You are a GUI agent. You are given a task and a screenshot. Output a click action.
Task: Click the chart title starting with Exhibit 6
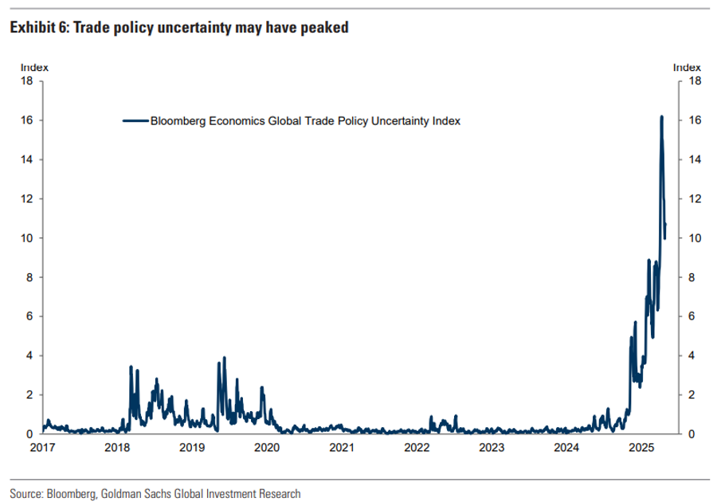click(x=178, y=28)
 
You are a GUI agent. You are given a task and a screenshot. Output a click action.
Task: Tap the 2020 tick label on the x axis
click(x=267, y=448)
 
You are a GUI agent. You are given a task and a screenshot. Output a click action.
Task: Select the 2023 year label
click(x=492, y=448)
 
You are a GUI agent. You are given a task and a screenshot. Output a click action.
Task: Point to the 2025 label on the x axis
click(x=641, y=448)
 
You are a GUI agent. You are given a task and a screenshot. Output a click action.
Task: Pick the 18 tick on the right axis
click(x=695, y=81)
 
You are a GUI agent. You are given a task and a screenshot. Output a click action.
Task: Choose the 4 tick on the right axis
click(x=692, y=355)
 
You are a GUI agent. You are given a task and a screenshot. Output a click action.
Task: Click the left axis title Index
click(x=32, y=68)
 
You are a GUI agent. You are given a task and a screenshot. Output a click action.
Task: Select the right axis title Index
click(x=688, y=68)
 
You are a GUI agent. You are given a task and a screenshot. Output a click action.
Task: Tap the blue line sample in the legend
click(x=135, y=121)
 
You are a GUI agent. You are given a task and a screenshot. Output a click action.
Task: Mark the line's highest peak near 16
click(x=661, y=117)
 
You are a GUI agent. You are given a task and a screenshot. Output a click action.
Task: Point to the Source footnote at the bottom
click(x=155, y=494)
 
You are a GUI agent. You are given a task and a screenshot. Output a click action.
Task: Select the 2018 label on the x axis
click(x=117, y=448)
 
